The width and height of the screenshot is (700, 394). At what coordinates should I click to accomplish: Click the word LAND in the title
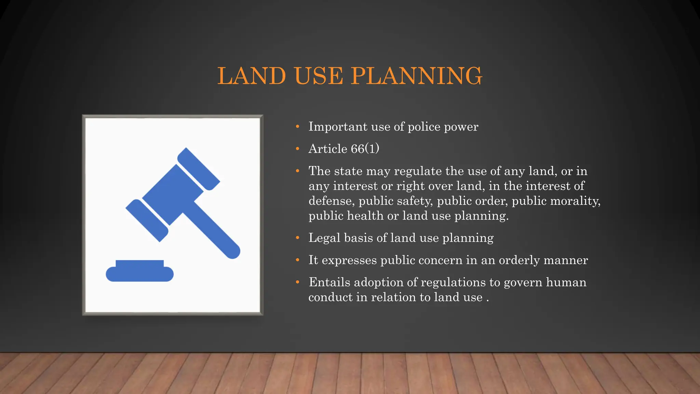click(252, 76)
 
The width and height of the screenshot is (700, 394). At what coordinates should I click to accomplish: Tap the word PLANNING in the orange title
click(416, 76)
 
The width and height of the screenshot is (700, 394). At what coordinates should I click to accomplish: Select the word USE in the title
click(318, 76)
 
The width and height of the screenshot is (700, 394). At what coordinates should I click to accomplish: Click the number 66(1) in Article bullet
click(365, 149)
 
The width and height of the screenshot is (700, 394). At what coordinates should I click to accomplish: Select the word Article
click(328, 149)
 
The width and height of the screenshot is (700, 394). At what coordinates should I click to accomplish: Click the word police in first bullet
click(424, 127)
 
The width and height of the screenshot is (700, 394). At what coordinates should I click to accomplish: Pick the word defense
click(331, 201)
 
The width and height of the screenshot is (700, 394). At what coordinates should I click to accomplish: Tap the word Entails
click(329, 283)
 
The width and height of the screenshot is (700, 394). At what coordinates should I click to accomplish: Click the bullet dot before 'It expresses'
click(298, 260)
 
